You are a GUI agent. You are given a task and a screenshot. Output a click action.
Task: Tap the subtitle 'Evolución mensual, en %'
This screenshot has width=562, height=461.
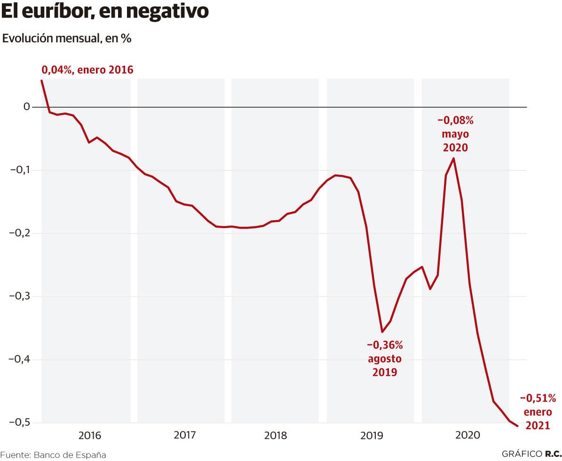67,39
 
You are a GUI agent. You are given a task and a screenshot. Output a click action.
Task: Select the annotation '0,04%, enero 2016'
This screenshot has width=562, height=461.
87,70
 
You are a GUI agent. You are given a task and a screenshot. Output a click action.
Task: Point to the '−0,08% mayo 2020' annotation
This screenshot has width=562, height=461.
455,134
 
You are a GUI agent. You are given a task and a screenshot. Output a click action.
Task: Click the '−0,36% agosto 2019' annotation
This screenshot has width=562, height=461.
385,358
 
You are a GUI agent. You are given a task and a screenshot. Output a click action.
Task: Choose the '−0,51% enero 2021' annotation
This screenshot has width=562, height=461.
538,412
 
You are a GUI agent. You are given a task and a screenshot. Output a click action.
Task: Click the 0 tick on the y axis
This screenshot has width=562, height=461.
27,107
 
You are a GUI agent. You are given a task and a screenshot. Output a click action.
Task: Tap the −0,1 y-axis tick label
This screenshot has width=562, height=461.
20,170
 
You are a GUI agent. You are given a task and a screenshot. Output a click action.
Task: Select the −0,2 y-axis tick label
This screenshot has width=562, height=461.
20,233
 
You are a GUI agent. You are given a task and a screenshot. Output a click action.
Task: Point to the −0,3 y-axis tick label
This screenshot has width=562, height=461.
20,296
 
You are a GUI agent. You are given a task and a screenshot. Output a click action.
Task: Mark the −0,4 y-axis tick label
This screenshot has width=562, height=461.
20,359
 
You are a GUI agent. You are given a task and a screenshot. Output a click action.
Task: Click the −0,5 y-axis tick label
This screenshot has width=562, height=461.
20,422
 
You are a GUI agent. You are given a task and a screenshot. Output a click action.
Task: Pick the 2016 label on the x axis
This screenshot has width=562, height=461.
89,436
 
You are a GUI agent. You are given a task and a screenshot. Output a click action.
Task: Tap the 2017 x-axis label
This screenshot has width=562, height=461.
185,436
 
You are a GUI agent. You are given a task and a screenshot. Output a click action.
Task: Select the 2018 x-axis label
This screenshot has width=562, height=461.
276,436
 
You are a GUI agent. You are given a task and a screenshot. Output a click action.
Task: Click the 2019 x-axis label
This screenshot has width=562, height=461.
372,436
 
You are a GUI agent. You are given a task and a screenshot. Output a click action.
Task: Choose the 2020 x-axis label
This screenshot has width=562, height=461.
467,436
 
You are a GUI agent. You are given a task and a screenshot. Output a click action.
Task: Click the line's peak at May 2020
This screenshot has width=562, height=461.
453,158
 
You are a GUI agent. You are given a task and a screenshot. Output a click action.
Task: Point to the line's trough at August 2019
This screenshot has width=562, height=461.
382,332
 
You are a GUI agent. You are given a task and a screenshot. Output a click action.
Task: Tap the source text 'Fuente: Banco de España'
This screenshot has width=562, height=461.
53,455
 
